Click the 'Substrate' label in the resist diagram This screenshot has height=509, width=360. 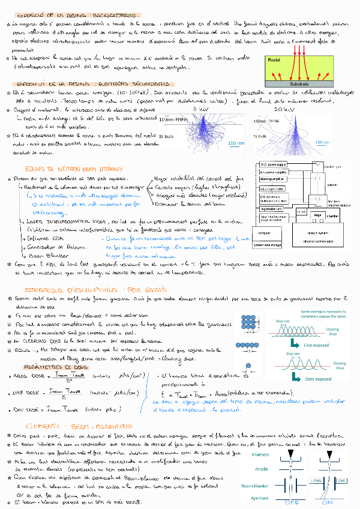299,84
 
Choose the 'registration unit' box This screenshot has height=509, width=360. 272,209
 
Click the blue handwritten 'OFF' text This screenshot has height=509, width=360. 291,503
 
